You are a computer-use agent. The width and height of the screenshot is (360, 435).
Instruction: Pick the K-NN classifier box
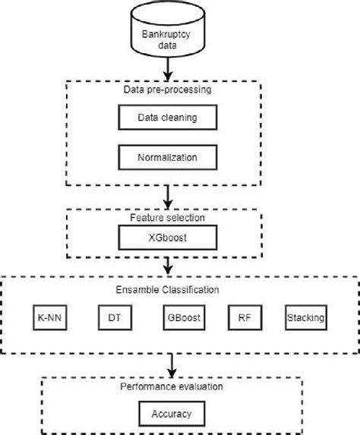(51, 318)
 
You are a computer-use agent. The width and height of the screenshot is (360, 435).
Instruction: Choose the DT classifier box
(113, 318)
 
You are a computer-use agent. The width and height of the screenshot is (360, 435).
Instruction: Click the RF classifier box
(242, 318)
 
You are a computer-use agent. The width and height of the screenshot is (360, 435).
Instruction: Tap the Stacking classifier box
(305, 318)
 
